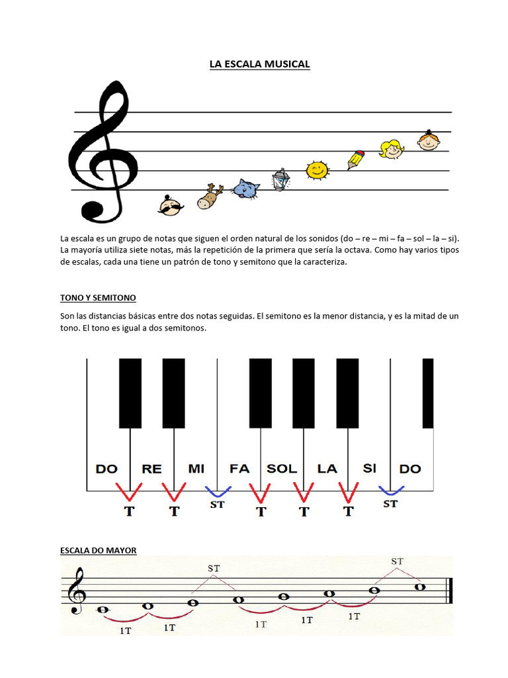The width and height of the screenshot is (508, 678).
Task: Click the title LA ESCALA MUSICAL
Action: [259, 64]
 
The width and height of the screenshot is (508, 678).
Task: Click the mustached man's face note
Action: [171, 206]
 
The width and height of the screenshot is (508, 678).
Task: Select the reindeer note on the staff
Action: [210, 197]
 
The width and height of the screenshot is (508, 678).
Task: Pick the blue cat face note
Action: [245, 189]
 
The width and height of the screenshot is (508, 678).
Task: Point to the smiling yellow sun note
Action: [317, 170]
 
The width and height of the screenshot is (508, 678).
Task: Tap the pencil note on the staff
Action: [356, 160]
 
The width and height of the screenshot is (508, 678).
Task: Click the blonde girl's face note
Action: [391, 149]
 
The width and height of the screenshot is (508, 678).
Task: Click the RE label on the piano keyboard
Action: [151, 469]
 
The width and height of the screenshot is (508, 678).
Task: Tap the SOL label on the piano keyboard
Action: [282, 469]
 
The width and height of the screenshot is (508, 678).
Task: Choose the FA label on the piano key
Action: [239, 469]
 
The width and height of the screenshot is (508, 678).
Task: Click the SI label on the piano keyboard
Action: [369, 468]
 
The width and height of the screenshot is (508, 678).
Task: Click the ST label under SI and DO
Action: [391, 504]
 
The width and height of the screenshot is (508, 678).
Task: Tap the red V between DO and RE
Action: [129, 491]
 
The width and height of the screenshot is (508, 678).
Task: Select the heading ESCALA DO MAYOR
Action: [98, 550]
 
